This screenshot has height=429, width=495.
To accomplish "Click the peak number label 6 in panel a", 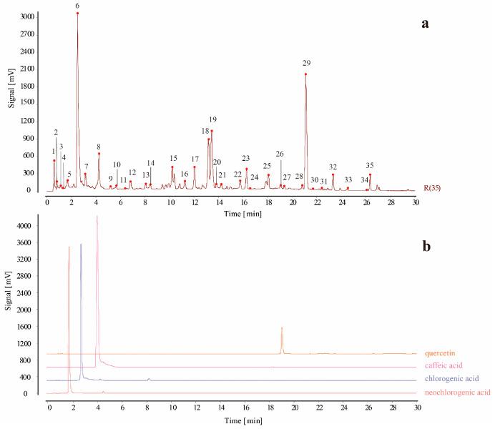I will pyautogui.click(x=77, y=6).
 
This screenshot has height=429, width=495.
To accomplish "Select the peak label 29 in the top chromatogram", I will pyautogui.click(x=306, y=63).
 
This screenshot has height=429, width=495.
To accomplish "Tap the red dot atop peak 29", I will pyautogui.click(x=305, y=74).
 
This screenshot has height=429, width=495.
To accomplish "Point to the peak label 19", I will pyautogui.click(x=212, y=119).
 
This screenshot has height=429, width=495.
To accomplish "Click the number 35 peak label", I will pyautogui.click(x=370, y=165).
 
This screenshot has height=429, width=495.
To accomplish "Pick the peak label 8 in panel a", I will pyautogui.click(x=99, y=147).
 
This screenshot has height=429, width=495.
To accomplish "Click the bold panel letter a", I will pyautogui.click(x=425, y=23).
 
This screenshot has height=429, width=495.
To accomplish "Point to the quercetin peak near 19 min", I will pyautogui.click(x=282, y=328).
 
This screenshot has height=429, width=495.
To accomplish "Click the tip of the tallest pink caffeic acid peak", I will pyautogui.click(x=97, y=216).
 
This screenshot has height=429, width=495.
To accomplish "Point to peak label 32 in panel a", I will pyautogui.click(x=333, y=167).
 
